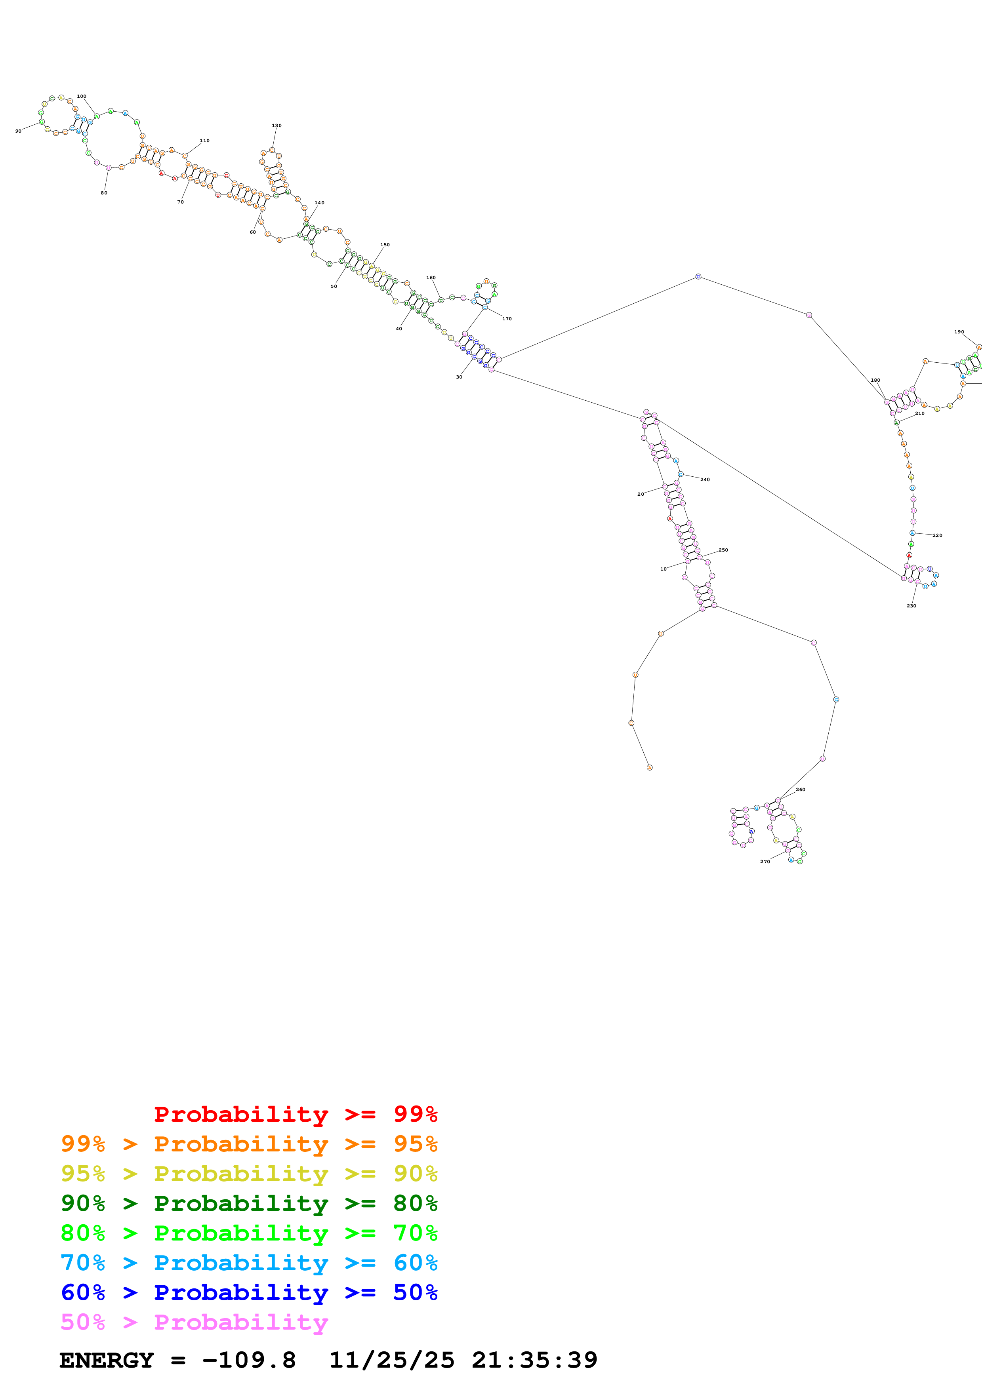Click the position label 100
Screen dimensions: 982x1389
(x=82, y=96)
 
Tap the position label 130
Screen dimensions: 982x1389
(x=276, y=126)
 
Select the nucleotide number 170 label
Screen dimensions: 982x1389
(x=507, y=319)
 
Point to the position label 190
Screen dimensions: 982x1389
(x=959, y=332)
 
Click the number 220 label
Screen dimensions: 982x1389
(x=937, y=535)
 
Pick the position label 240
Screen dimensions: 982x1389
(x=705, y=480)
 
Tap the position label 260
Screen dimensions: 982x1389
(x=801, y=790)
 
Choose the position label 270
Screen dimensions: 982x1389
(x=765, y=862)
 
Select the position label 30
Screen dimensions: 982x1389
(x=459, y=377)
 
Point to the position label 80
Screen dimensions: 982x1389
(x=104, y=193)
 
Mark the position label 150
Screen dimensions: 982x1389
(x=385, y=245)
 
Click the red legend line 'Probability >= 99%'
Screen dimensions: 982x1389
(x=295, y=1114)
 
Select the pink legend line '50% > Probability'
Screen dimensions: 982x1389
(x=194, y=1322)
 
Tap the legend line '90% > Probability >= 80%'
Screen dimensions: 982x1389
(x=249, y=1203)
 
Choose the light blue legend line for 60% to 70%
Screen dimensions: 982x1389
(x=249, y=1263)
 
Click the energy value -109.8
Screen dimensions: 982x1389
(x=249, y=1360)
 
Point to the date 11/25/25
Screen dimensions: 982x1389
(x=391, y=1360)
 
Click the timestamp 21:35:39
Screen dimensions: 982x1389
(x=534, y=1360)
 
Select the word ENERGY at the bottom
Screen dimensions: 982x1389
(x=107, y=1360)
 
